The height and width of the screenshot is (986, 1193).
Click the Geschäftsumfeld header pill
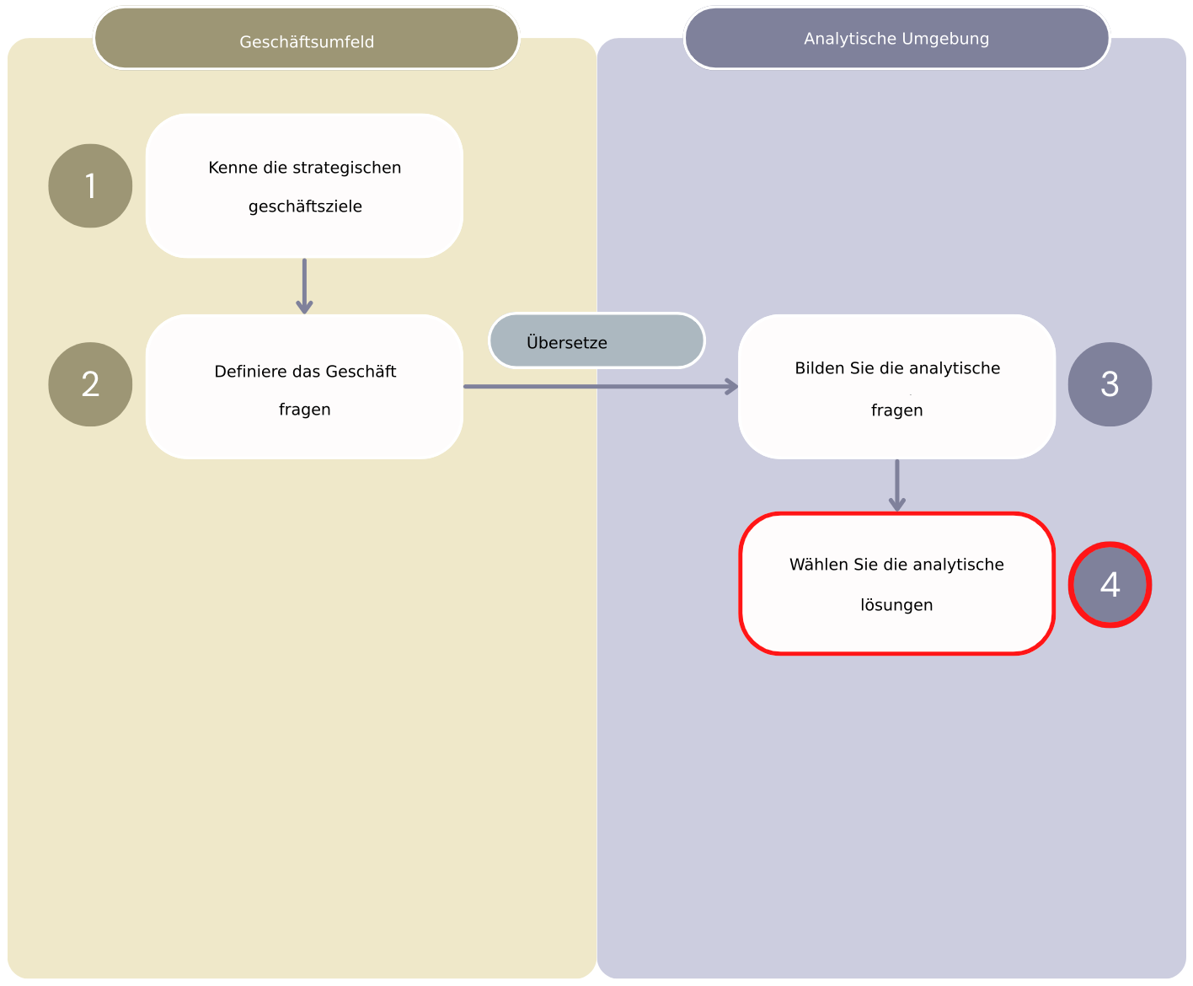[306, 40]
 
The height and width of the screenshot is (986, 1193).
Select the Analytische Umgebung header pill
[896, 39]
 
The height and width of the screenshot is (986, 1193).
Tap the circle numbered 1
[90, 185]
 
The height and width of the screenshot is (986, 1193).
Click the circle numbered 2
[90, 384]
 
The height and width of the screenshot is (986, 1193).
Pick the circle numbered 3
[1110, 384]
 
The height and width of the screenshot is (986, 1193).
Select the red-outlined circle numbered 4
[1110, 585]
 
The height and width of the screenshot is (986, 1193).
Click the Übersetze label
[567, 342]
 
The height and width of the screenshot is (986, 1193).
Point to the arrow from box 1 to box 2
[304, 287]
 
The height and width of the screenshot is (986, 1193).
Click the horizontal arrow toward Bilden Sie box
[600, 387]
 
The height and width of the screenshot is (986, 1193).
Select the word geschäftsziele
[305, 206]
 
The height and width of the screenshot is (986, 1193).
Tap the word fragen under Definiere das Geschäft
[304, 410]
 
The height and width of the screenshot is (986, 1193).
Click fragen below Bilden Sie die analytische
[896, 410]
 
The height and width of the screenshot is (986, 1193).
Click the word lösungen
[896, 605]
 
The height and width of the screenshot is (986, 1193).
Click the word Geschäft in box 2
[361, 372]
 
